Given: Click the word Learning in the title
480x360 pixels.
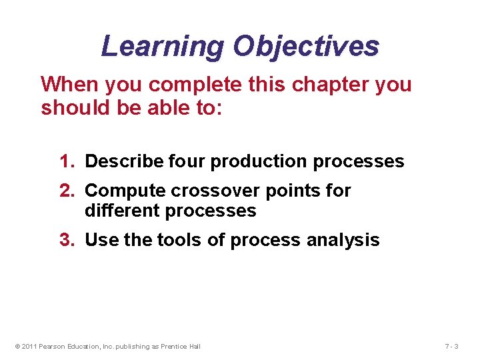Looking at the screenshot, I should coord(163,47).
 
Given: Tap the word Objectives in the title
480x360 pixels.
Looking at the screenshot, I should coord(306,47).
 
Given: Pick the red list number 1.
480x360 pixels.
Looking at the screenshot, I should coord(65,161).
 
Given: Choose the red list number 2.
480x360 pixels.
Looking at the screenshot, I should coord(65,191).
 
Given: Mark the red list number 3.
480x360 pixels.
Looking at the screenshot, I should coord(65,240).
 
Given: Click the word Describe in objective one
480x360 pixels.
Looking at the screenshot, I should coord(124,161).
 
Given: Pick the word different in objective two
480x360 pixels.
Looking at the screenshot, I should coord(119,211).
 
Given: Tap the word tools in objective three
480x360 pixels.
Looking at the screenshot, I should coord(180,240).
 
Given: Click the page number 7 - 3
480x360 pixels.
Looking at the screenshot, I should coord(451,346).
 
